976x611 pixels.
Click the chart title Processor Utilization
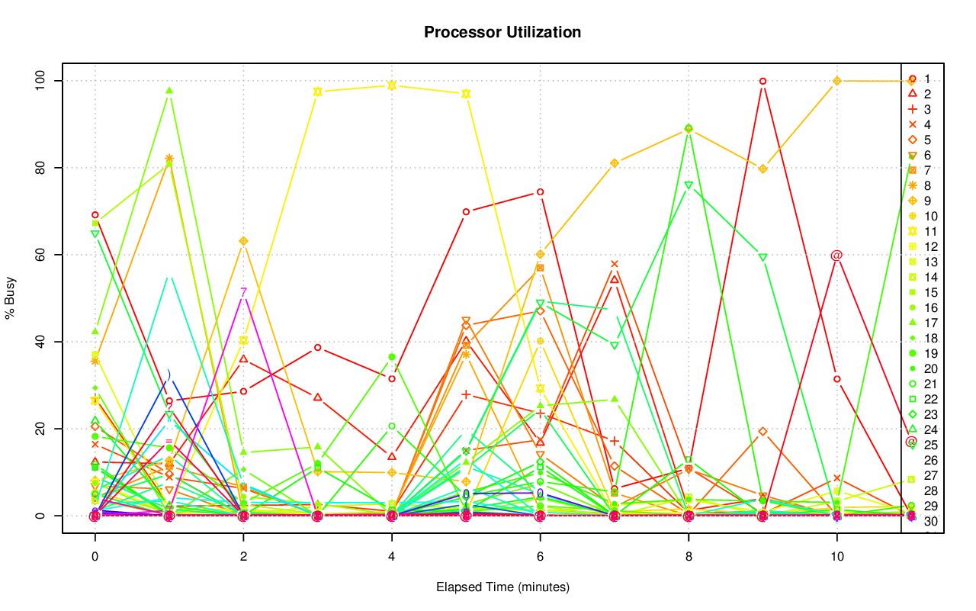[502, 32]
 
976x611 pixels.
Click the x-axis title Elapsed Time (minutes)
[502, 587]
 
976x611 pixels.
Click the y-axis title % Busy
[11, 298]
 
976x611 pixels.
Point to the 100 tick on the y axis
[43, 81]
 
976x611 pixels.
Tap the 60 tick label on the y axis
[43, 255]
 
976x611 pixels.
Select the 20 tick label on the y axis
[43, 429]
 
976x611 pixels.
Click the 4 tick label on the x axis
[392, 558]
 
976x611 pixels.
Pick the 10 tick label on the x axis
[836, 558]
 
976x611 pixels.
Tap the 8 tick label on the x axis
[689, 558]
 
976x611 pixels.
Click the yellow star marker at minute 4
[392, 85]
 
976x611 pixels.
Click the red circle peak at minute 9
[762, 81]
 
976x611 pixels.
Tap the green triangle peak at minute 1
[169, 91]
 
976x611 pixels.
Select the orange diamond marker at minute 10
[836, 81]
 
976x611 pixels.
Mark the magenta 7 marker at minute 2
[243, 291]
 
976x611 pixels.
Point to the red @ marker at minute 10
[836, 256]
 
